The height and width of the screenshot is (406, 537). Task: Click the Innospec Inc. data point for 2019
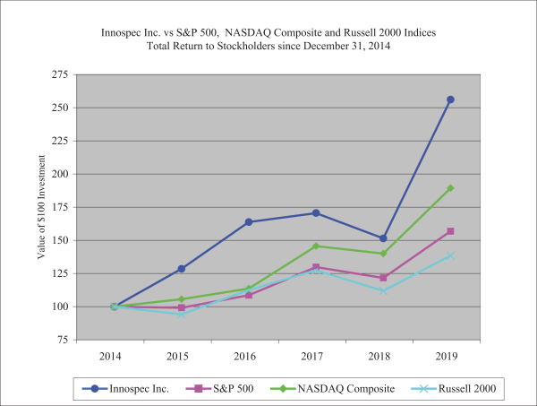click(x=450, y=99)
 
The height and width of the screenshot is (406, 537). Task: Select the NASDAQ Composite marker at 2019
click(x=450, y=188)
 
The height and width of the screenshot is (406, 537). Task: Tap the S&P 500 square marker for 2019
click(x=450, y=231)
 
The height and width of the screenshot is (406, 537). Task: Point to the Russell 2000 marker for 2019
click(x=450, y=255)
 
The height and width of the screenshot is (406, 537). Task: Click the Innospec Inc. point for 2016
click(x=248, y=222)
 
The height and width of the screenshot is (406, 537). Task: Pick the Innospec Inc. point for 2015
click(x=181, y=269)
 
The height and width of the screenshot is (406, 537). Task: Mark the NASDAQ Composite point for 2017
click(x=316, y=246)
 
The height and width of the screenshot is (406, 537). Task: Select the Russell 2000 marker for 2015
click(x=181, y=314)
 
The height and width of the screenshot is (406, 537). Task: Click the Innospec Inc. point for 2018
click(x=383, y=238)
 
